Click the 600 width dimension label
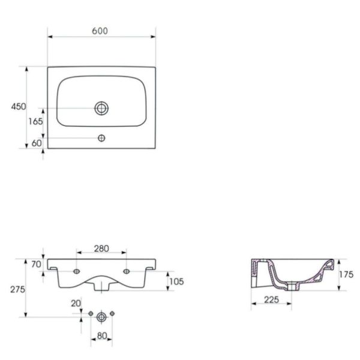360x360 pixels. pos(100,31)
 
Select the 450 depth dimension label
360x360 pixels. pos(19,107)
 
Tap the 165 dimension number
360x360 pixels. pos(35,121)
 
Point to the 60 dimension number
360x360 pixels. pos(37,143)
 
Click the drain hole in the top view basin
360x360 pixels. pos(101,108)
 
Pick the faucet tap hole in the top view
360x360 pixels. pos(101,138)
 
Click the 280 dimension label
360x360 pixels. pos(101,248)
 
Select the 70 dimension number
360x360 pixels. pos(36,265)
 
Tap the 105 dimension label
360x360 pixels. pos(176,281)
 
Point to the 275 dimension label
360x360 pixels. pos(17,290)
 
